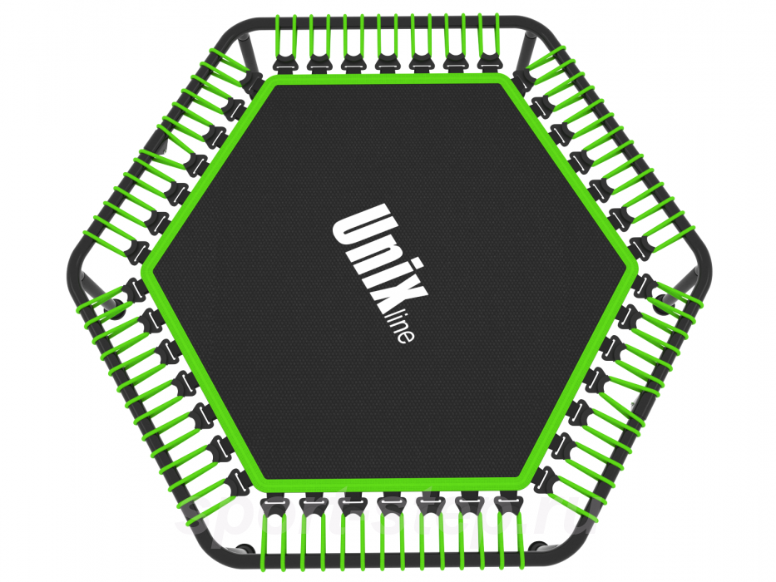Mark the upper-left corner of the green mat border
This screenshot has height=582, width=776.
pos(270,82)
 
